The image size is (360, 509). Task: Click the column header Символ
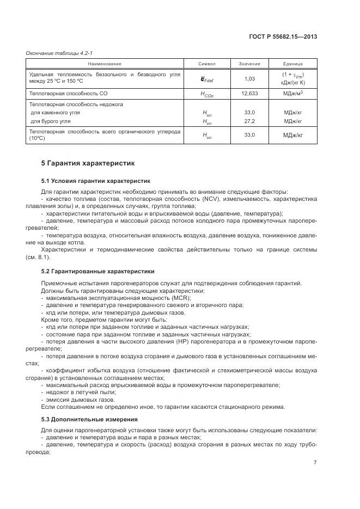pyautogui.click(x=206, y=64)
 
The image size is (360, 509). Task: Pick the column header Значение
pyautogui.click(x=249, y=64)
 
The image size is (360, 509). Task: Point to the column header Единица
pyautogui.click(x=292, y=64)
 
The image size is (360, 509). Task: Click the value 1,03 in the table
pyautogui.click(x=249, y=78)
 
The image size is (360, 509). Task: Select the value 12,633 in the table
pyautogui.click(x=249, y=94)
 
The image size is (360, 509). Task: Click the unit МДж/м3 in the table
pyautogui.click(x=292, y=94)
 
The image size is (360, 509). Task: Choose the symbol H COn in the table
pyautogui.click(x=206, y=94)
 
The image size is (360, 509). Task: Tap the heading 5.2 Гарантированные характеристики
pyautogui.click(x=97, y=271)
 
